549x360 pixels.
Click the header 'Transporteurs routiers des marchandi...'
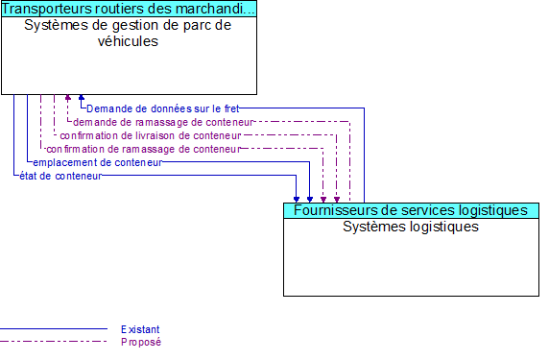click(x=129, y=10)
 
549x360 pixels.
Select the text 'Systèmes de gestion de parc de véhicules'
click(x=129, y=34)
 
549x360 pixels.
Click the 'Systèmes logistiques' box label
click(x=411, y=228)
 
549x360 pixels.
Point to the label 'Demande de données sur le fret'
click(x=162, y=108)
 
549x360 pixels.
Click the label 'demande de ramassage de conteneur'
click(x=163, y=122)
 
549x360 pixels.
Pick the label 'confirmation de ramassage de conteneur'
click(x=142, y=149)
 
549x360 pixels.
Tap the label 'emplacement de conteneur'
click(x=97, y=162)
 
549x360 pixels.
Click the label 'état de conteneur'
click(x=60, y=176)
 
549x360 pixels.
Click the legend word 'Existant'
click(x=140, y=329)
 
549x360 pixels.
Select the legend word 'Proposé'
click(x=140, y=342)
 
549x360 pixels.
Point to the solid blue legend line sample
click(x=54, y=329)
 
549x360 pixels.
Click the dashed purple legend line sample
click(x=54, y=342)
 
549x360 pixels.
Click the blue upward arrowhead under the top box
click(x=82, y=98)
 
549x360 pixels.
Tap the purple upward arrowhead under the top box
click(x=67, y=98)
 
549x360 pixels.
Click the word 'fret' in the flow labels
click(x=230, y=108)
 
